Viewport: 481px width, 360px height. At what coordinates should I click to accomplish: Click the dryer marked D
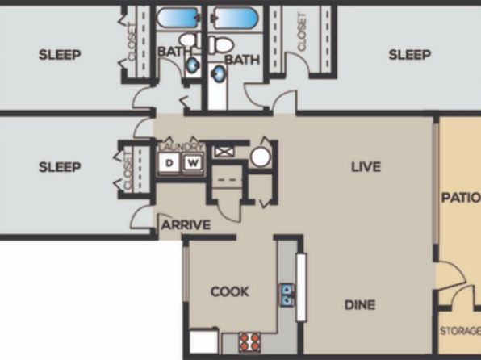tap(169, 163)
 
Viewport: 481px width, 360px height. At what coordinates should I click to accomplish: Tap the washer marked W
tap(193, 163)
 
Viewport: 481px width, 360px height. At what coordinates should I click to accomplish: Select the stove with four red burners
tap(249, 342)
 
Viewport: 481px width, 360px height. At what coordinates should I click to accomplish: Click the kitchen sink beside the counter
tap(287, 295)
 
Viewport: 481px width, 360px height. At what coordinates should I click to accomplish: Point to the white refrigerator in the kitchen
tap(203, 341)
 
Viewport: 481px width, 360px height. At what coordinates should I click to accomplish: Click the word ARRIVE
tap(186, 225)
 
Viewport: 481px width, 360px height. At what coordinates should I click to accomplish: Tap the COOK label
tap(230, 291)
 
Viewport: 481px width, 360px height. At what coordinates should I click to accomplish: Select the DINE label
tap(360, 305)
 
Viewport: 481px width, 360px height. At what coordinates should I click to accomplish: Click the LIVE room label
tap(366, 166)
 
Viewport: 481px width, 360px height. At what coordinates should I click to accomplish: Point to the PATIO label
tap(461, 197)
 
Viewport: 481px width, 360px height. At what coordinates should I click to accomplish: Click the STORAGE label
tap(460, 331)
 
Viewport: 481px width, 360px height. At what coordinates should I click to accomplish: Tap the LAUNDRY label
tap(182, 147)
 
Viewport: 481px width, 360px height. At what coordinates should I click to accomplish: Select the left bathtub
tap(178, 18)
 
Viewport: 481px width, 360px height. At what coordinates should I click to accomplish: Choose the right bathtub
tap(236, 18)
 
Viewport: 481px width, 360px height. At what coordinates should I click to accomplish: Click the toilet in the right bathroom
tap(220, 45)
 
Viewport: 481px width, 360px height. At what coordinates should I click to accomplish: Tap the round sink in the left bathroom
tap(193, 65)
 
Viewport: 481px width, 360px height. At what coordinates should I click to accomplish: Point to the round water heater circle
tap(261, 157)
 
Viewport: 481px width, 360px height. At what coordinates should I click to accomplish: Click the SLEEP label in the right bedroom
tap(409, 55)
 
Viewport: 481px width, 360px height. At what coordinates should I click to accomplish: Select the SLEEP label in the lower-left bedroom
tap(60, 167)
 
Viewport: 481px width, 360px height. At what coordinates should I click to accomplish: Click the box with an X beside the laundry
tap(224, 152)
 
